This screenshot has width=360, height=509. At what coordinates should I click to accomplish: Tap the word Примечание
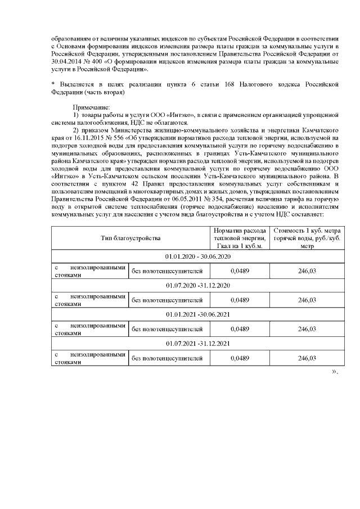[92, 107]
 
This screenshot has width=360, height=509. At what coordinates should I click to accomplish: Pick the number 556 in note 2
[119, 137]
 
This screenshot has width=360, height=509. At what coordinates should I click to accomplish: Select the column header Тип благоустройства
[130, 238]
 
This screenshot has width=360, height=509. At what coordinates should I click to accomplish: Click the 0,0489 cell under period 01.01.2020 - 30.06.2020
[239, 271]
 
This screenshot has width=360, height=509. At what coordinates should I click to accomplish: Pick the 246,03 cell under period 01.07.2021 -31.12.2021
[307, 358]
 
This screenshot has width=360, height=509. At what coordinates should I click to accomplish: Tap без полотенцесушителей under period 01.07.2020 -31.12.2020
[166, 300]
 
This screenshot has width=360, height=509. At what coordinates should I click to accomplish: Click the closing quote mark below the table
[334, 372]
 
